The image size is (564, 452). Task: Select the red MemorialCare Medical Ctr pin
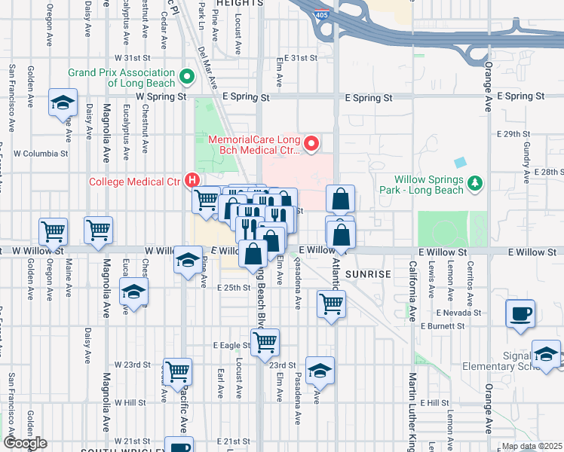(310, 142)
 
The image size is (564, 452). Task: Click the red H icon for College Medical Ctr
(192, 181)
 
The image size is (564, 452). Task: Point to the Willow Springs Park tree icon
(474, 183)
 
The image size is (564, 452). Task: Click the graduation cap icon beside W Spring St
(63, 102)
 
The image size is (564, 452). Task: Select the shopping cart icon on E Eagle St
(265, 342)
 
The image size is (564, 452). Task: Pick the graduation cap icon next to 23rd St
(320, 370)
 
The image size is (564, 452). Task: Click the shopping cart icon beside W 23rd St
(177, 371)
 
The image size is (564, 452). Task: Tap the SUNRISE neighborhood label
(368, 275)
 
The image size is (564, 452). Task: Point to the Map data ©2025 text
(531, 446)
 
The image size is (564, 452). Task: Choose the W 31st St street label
(133, 57)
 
